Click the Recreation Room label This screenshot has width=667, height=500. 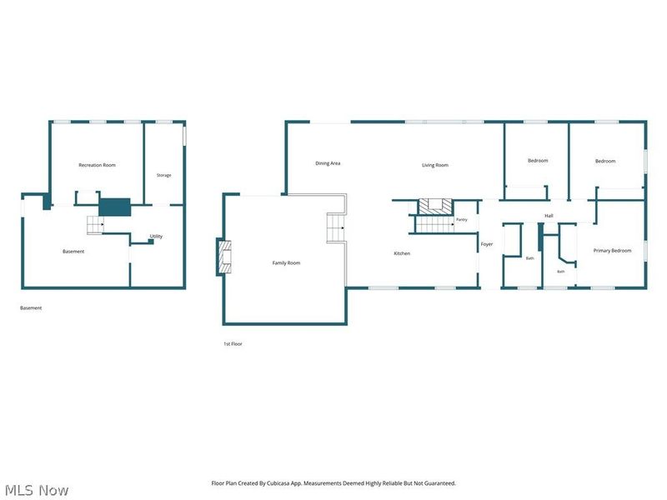[x=97, y=165]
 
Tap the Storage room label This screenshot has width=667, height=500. [x=163, y=175]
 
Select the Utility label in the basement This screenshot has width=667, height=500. [x=156, y=237]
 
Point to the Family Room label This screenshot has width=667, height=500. [x=286, y=263]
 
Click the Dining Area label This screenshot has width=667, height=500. [x=328, y=163]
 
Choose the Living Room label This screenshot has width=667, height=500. [x=435, y=165]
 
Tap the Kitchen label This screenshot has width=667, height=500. [x=402, y=253]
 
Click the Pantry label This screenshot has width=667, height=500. [x=462, y=220]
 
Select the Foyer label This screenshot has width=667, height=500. [x=487, y=244]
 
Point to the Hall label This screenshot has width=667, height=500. [x=549, y=216]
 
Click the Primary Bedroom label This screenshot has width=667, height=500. [x=612, y=251]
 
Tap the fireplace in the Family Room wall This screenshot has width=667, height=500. [x=224, y=257]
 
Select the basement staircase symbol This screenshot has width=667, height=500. [x=95, y=225]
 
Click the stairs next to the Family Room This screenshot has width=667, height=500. [x=336, y=227]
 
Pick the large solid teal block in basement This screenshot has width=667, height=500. [x=115, y=207]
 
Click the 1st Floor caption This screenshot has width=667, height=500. [x=233, y=344]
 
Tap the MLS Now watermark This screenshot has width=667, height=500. [x=37, y=490]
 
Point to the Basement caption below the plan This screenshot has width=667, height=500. [x=31, y=308]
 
